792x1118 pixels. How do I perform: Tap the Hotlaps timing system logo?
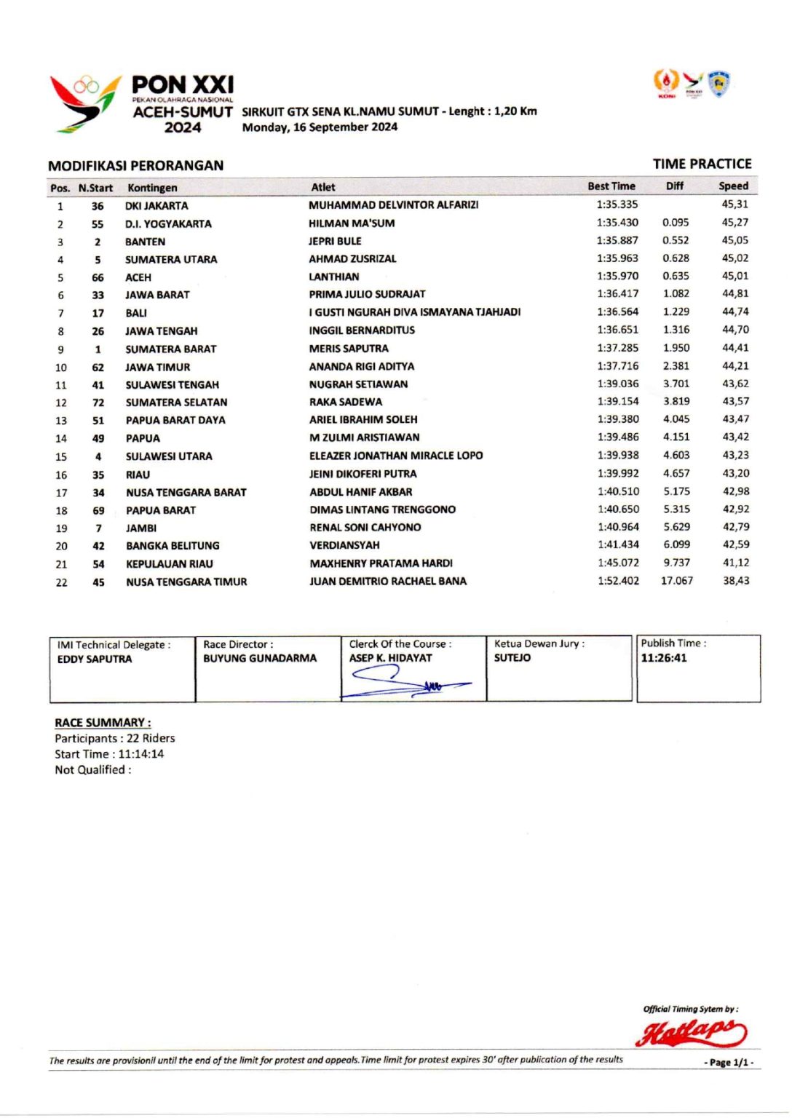(x=691, y=1032)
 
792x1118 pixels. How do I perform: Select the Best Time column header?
(x=611, y=186)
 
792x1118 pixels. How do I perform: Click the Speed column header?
(x=733, y=186)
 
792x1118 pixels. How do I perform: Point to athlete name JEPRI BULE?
(x=335, y=241)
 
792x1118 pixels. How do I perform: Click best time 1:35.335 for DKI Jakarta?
(x=617, y=205)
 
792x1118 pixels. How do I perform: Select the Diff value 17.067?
(x=676, y=581)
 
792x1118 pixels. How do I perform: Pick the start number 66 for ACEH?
(x=98, y=277)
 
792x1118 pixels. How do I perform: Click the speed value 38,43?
(x=735, y=581)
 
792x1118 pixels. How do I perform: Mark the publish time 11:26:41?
(x=663, y=658)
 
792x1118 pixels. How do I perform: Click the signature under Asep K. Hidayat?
(x=408, y=683)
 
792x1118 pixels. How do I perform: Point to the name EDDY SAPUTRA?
(x=95, y=659)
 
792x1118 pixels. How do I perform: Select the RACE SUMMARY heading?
(x=103, y=723)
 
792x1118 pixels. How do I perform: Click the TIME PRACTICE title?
(x=702, y=164)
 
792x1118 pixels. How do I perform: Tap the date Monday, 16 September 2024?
(x=320, y=127)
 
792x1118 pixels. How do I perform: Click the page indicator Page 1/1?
(x=728, y=1063)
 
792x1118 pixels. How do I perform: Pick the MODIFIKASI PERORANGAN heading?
(x=135, y=166)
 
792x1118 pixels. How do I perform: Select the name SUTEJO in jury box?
(x=512, y=658)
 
